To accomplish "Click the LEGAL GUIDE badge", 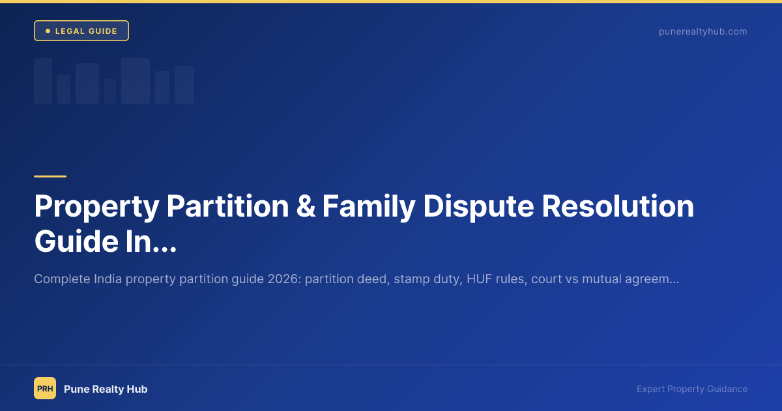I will pyautogui.click(x=81, y=31).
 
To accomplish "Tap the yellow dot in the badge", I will pyautogui.click(x=48, y=31).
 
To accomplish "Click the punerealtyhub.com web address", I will pyautogui.click(x=702, y=31).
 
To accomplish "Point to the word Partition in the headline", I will pyautogui.click(x=227, y=207).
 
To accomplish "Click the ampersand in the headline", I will pyautogui.click(x=306, y=207).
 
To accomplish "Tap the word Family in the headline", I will pyautogui.click(x=368, y=207).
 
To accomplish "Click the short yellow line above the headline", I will pyautogui.click(x=50, y=176).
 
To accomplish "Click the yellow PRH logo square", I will pyautogui.click(x=45, y=388).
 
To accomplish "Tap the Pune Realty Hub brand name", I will pyautogui.click(x=106, y=389).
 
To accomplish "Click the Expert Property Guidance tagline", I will pyautogui.click(x=692, y=389).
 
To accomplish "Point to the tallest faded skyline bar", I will pyautogui.click(x=136, y=81).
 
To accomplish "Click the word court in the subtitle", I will pyautogui.click(x=545, y=279).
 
